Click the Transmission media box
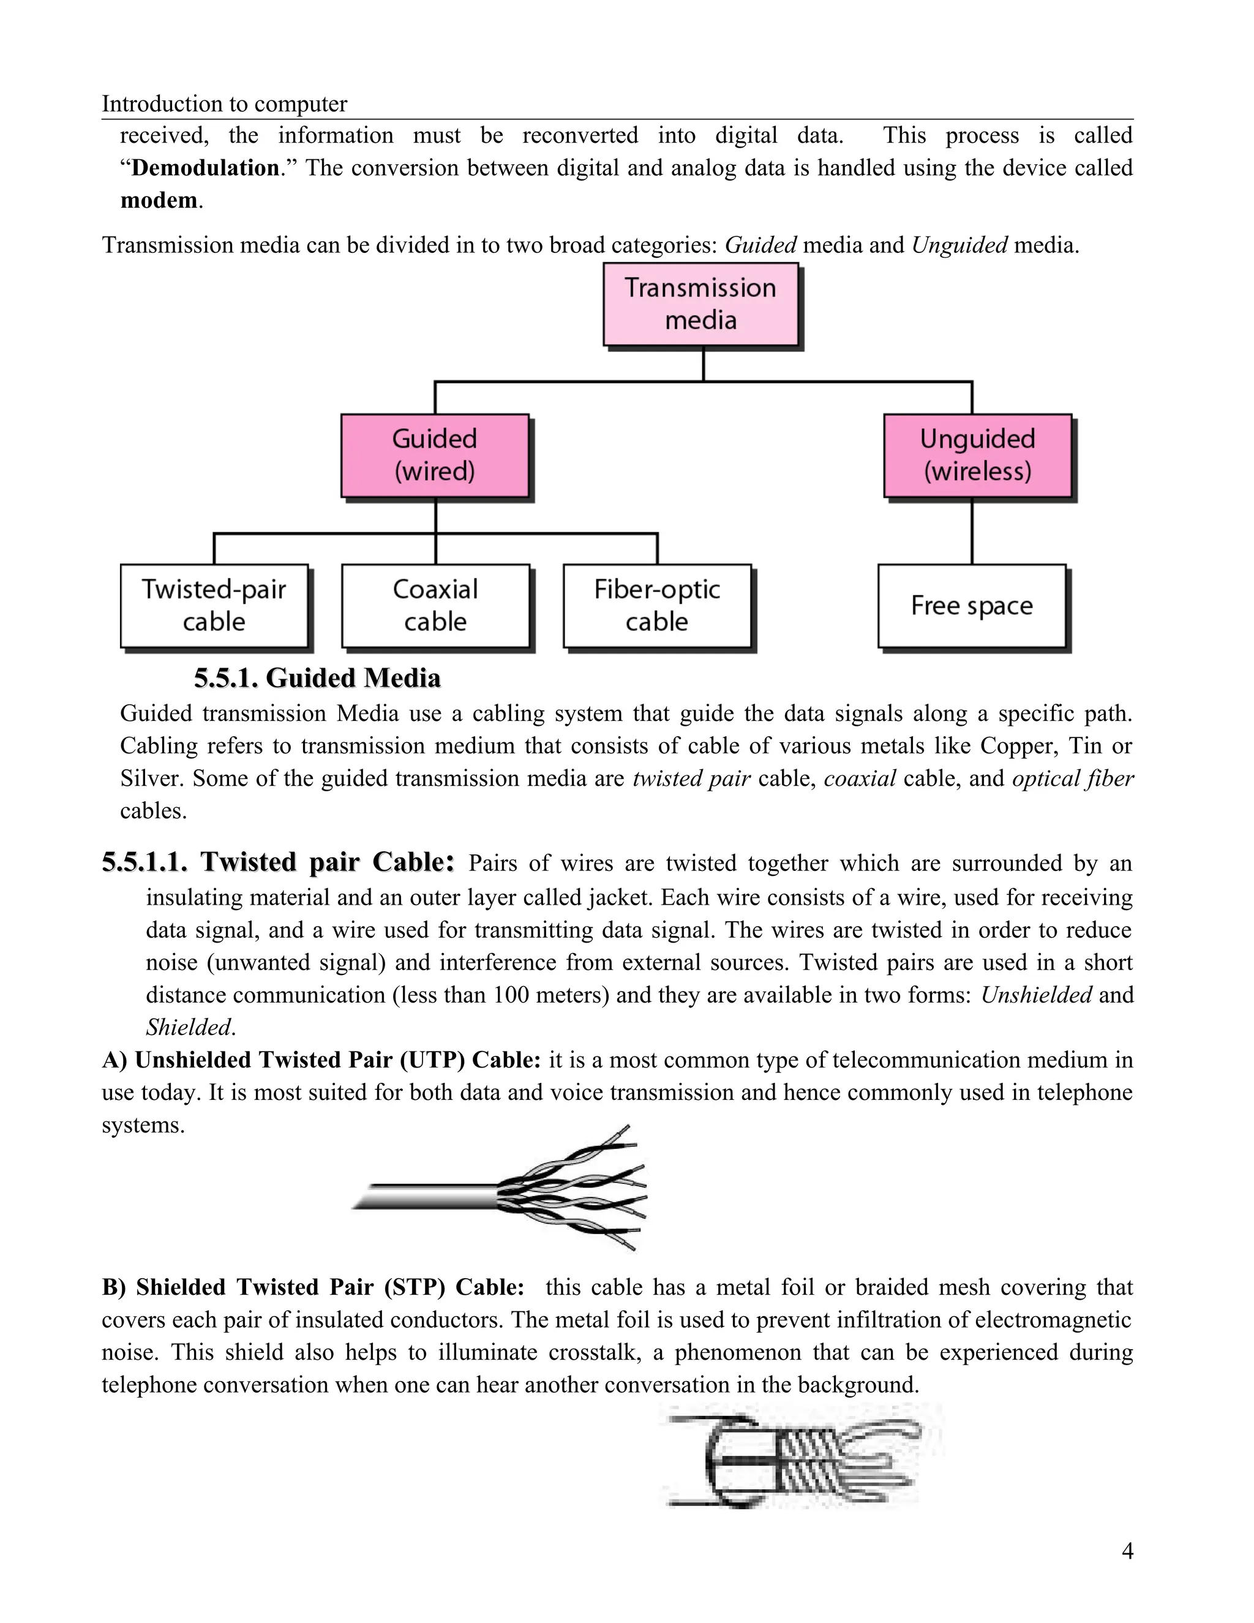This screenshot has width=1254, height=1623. coord(700,304)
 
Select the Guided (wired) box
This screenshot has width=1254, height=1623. coord(435,455)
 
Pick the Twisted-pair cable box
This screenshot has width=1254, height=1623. coord(214,605)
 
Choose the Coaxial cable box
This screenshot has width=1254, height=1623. coord(435,605)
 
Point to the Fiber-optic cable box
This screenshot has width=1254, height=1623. coord(657,605)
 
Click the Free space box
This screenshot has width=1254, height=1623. coord(972,606)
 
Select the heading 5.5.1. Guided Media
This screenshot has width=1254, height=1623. coord(317,678)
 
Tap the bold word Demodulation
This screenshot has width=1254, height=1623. coord(205,168)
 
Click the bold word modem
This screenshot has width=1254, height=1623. coord(159,201)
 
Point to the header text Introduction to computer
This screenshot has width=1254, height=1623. coord(224,104)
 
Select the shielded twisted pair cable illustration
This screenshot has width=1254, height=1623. coord(798,1456)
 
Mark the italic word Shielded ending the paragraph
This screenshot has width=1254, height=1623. coord(189,1027)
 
